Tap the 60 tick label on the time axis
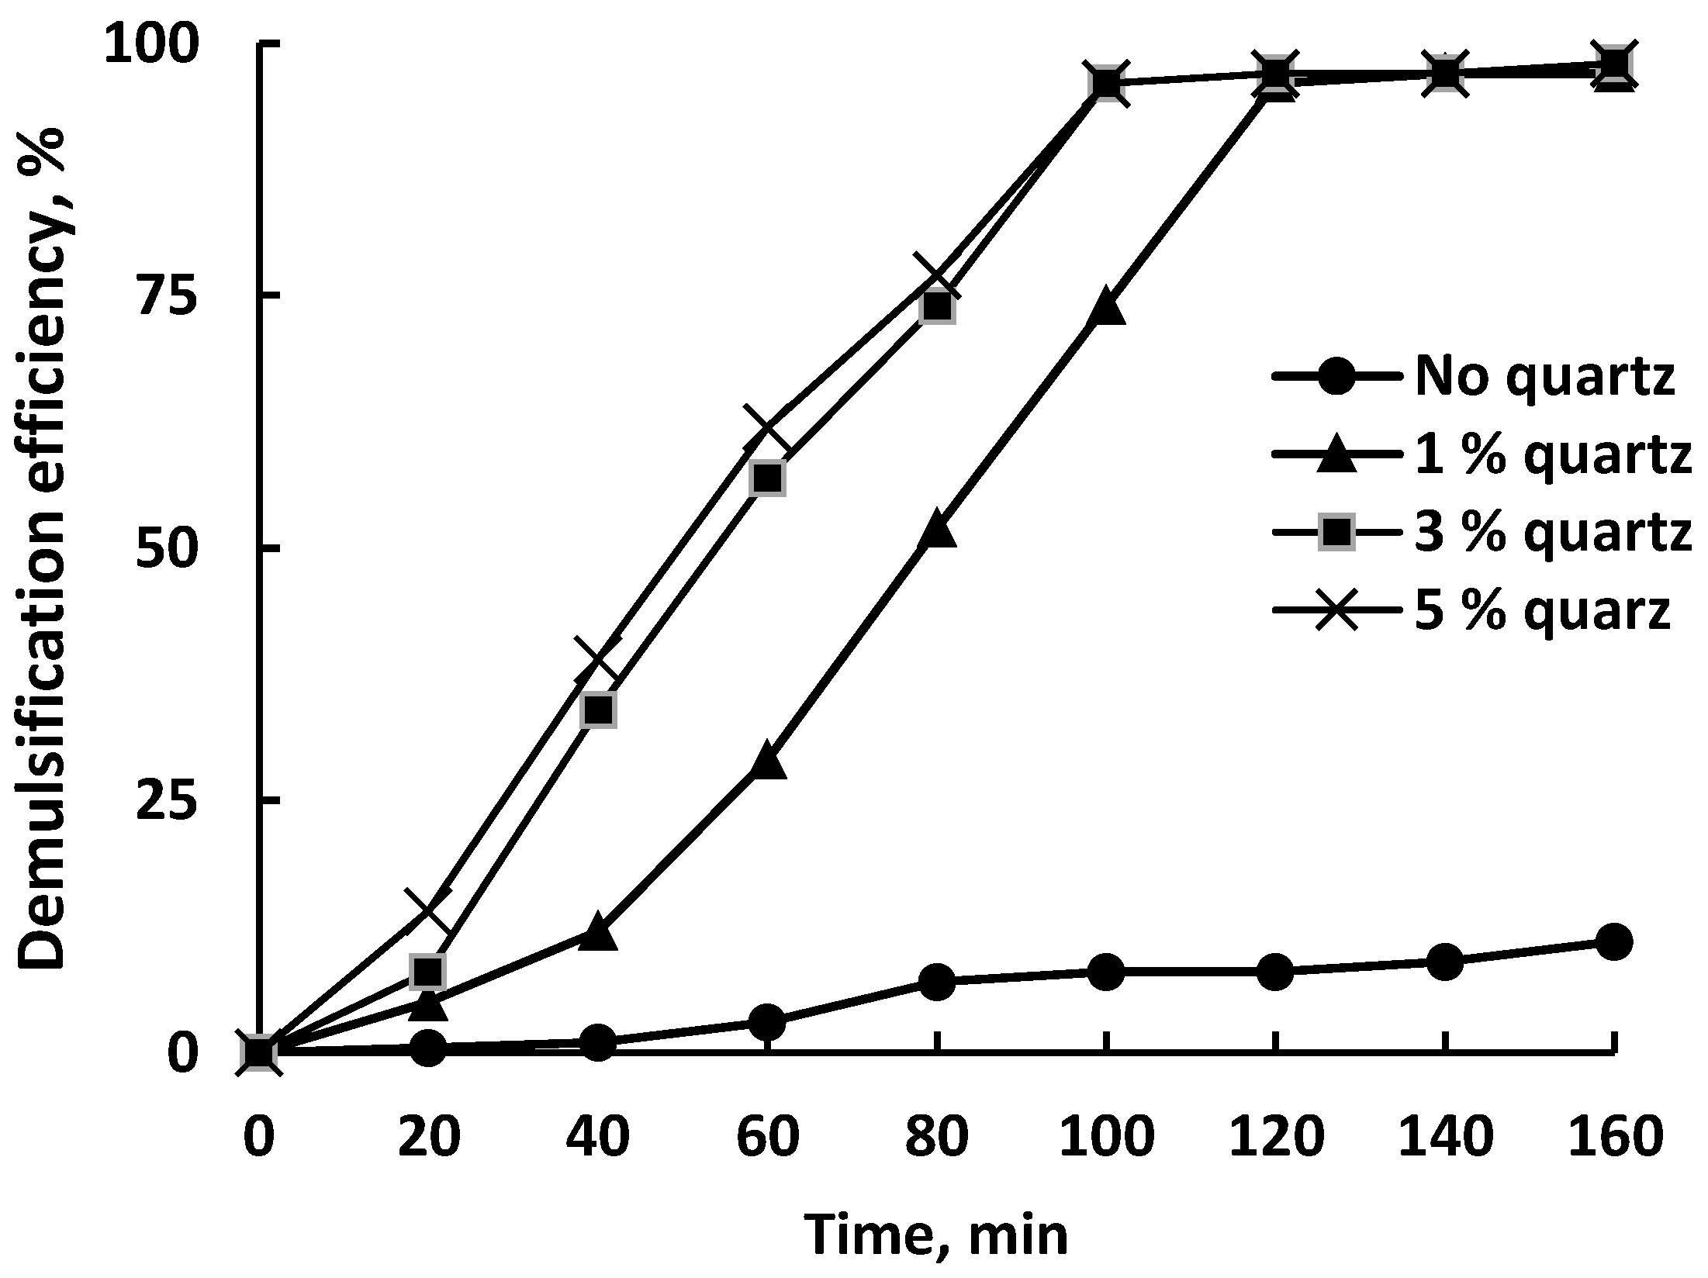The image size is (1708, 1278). tap(766, 1137)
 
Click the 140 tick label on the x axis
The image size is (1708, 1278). tap(1444, 1137)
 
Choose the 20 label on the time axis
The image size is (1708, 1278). tap(427, 1137)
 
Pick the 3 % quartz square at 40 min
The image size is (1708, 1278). tap(598, 709)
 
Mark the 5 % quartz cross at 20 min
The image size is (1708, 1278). tap(427, 911)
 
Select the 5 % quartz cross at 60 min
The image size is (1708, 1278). tap(767, 430)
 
